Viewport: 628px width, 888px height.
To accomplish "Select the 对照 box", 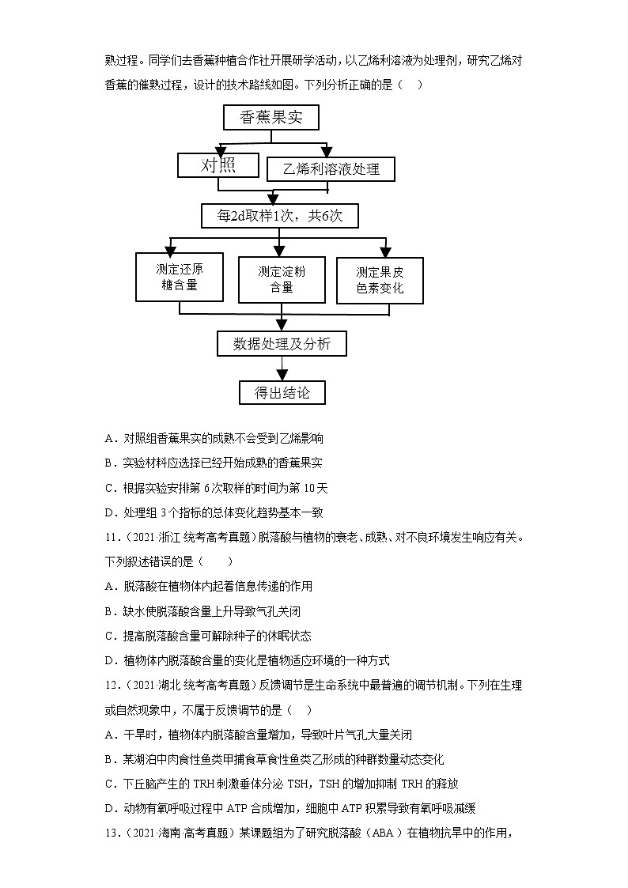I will pos(218,165).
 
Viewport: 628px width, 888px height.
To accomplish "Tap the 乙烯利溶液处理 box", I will pos(331,168).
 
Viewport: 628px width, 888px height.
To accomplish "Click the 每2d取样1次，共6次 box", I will pos(281,215).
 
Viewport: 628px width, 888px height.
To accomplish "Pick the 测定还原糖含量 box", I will pos(180,277).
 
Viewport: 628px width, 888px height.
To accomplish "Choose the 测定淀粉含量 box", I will pos(282,278).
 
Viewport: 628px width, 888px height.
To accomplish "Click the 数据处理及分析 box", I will pos(282,343).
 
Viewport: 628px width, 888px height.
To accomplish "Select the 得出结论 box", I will pos(282,393).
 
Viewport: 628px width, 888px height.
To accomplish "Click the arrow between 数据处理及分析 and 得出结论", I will pos(282,368).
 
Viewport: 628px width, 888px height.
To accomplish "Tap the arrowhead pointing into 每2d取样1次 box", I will pos(273,198).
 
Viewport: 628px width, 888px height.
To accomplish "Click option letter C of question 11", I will pos(108,636).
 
